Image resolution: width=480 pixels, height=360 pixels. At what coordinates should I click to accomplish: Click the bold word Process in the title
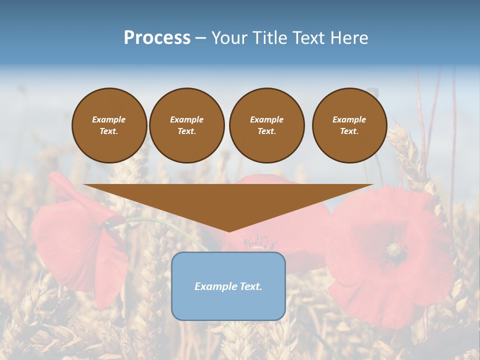tap(157, 38)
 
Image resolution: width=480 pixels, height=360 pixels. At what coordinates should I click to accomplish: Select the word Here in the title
tap(349, 38)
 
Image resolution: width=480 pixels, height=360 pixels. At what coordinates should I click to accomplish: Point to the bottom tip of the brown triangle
tap(229, 230)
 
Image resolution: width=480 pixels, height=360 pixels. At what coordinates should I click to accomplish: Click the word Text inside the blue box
tap(250, 286)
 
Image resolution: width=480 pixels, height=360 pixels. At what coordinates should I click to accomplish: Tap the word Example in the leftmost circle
tap(109, 119)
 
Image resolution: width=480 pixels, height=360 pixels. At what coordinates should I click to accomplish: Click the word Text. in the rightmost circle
tap(349, 131)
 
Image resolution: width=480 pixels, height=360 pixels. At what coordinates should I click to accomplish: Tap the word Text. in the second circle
tap(186, 131)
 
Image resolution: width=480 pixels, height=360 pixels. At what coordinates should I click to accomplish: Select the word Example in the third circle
tap(266, 119)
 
